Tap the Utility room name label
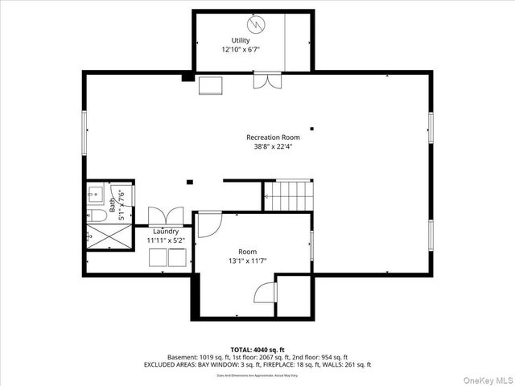click(241, 40)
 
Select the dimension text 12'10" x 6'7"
click(241, 49)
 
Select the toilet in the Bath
click(93, 216)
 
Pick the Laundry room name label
click(166, 232)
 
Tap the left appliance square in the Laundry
click(157, 258)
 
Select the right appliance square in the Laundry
click(177, 258)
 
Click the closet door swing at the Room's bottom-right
click(266, 294)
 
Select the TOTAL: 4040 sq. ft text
click(257, 349)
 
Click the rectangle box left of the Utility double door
click(212, 85)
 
